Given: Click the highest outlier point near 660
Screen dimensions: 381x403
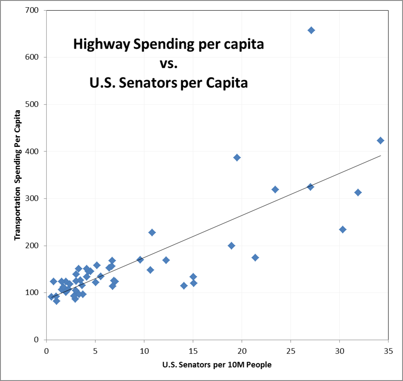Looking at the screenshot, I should tap(311, 30).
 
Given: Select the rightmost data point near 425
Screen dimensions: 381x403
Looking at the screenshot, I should tap(380, 140).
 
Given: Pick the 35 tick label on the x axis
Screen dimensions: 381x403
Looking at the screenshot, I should tap(388, 351).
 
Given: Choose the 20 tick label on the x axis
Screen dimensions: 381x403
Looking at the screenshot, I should tap(241, 351).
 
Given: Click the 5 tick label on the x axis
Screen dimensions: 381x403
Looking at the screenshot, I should tap(95, 351).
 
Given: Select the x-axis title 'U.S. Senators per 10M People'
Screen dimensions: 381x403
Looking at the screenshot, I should tap(217, 365).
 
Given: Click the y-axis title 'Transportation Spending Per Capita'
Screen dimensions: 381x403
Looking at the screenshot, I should tap(18, 175).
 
